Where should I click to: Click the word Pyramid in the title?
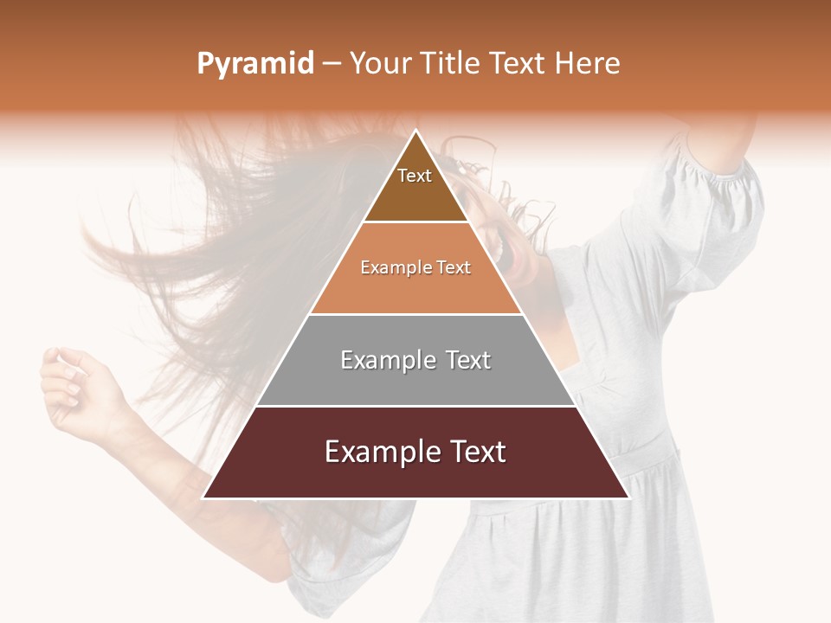254,64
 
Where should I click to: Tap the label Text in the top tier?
415,176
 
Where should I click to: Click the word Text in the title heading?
519,64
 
